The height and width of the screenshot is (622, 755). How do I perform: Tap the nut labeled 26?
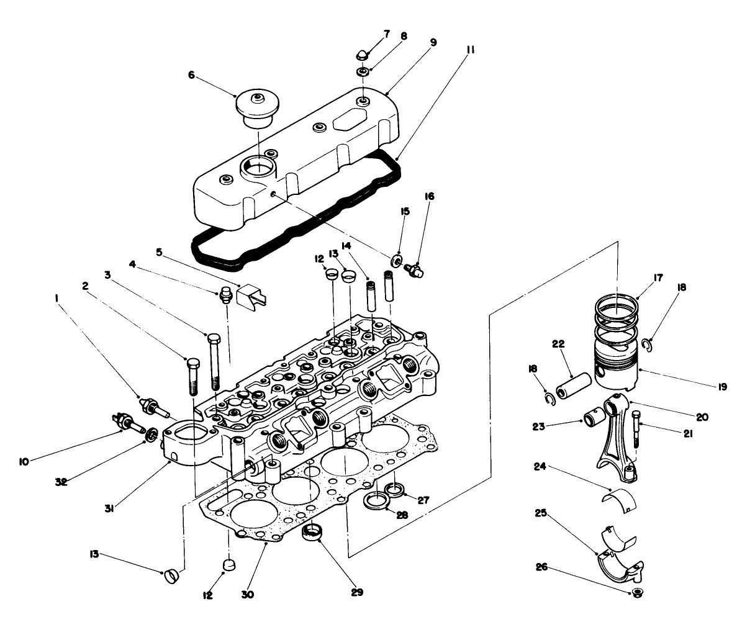tap(636, 592)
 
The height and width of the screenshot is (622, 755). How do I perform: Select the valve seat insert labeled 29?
tap(314, 533)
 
